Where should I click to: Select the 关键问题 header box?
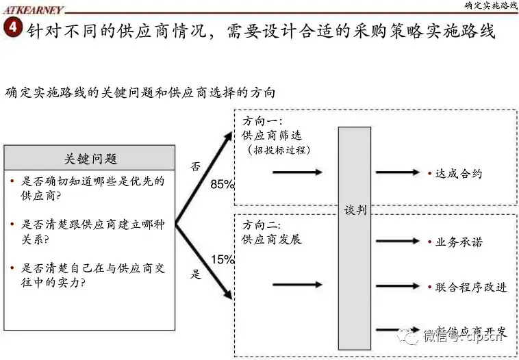pyautogui.click(x=90, y=159)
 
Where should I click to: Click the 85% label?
pyautogui.click(x=223, y=184)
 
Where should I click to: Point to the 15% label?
pyautogui.click(x=223, y=259)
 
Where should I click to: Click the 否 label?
pyautogui.click(x=197, y=166)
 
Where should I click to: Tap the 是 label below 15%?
pyautogui.click(x=197, y=275)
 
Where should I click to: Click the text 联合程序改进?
pyautogui.click(x=471, y=287)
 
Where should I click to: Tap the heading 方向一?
pyautogui.click(x=262, y=122)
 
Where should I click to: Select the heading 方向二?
pyautogui.click(x=262, y=225)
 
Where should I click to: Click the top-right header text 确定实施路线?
pyautogui.click(x=490, y=5)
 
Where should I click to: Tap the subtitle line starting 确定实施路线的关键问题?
pyautogui.click(x=140, y=92)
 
